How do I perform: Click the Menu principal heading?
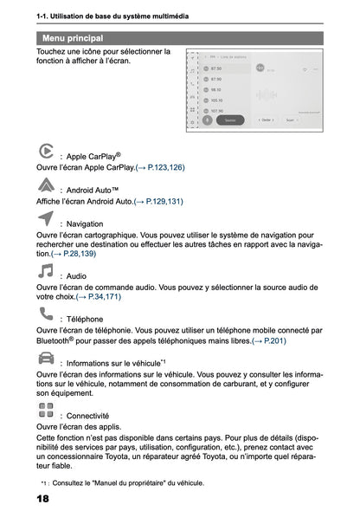coord(73,38)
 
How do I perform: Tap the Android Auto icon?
coord(47,184)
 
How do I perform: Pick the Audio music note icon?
coord(47,271)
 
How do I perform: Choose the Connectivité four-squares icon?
coord(47,410)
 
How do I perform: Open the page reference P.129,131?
coord(158,201)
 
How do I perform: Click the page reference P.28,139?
coord(74,254)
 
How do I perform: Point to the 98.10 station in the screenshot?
coord(215,89)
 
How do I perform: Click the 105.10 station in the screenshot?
coord(216,100)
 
